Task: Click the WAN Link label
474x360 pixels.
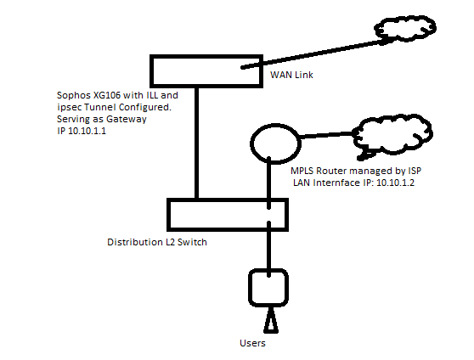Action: [291, 75]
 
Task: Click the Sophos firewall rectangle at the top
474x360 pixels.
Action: [206, 57]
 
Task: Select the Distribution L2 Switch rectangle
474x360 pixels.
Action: [228, 200]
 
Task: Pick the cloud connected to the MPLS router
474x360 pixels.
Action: [393, 117]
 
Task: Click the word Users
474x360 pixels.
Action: [252, 343]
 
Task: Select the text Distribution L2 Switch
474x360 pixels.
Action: [157, 242]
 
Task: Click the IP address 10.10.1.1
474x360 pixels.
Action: [87, 131]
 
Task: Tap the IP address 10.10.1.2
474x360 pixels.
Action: [395, 183]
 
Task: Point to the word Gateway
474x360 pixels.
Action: [127, 120]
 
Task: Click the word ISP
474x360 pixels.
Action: [415, 171]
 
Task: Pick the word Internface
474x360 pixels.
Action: [336, 183]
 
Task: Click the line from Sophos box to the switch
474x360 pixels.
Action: [196, 143]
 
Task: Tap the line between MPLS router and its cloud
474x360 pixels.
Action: [326, 135]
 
